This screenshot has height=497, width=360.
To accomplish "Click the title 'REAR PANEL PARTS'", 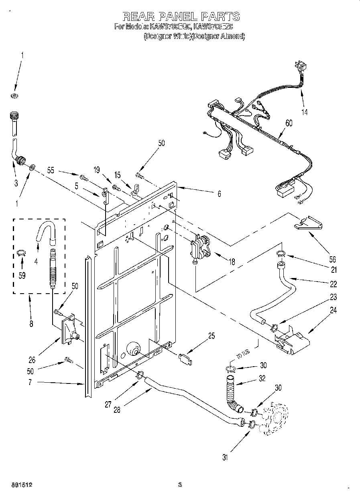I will (x=181, y=16).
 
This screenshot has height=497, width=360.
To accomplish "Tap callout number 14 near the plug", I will (x=305, y=112).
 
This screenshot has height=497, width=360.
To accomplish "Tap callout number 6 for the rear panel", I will (x=219, y=193).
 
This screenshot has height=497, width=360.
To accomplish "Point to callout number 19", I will (x=96, y=170).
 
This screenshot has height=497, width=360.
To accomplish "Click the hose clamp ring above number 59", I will (x=22, y=252).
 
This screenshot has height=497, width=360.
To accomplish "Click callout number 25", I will (x=211, y=336).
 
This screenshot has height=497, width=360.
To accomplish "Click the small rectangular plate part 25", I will (x=185, y=358).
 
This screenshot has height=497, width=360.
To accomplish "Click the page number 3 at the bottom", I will (x=180, y=485).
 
